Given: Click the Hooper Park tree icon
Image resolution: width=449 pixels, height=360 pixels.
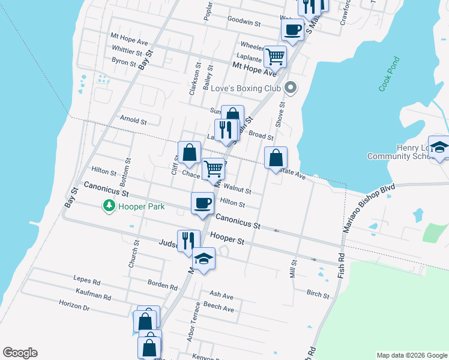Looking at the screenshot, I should [109, 206].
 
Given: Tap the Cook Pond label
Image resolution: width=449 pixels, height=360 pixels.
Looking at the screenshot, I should [388, 74].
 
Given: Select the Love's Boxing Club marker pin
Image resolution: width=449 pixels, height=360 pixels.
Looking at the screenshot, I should [291, 88].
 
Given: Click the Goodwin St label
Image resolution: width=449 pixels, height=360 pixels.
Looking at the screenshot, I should [244, 23].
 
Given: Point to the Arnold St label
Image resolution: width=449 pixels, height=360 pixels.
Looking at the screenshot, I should [133, 120].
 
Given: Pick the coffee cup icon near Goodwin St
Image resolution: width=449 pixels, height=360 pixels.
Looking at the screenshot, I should [292, 29].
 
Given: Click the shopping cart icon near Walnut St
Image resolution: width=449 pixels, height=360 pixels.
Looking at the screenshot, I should [213, 169].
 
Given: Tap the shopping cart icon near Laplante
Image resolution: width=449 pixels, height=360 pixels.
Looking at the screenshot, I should [275, 56].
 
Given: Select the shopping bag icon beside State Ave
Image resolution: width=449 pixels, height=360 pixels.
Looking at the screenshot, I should [276, 158].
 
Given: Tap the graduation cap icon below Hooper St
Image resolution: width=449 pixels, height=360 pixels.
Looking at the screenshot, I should [204, 258].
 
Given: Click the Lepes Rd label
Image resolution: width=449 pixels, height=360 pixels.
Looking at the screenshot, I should [86, 279].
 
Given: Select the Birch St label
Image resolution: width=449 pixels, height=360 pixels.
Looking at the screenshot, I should [318, 295].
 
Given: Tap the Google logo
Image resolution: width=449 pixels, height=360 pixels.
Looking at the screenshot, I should [20, 353].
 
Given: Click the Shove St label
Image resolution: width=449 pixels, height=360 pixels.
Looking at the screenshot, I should [280, 113].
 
